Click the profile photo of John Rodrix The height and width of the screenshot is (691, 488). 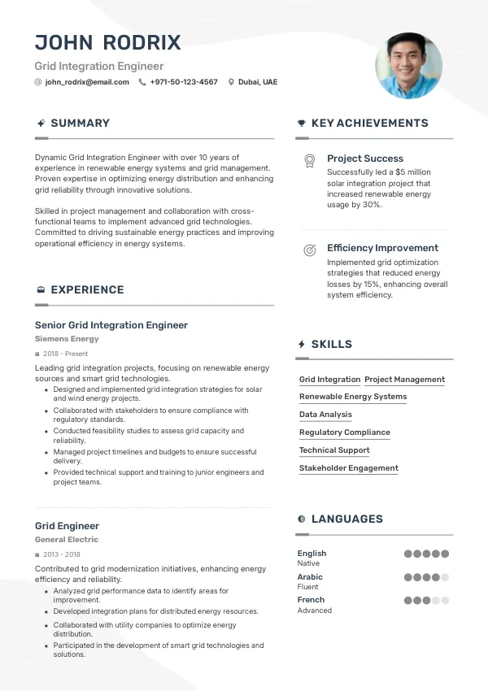(x=408, y=66)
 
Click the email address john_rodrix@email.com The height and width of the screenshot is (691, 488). (x=87, y=82)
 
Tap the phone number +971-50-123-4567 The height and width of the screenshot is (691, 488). (x=184, y=82)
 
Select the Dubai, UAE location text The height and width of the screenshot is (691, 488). (x=257, y=82)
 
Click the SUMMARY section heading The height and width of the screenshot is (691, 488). (x=80, y=123)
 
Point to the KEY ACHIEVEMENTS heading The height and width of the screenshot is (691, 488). (x=369, y=123)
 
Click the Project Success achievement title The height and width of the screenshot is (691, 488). (x=365, y=159)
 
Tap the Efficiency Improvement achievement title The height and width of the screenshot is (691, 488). (x=382, y=248)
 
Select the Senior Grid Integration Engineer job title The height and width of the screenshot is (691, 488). (x=111, y=325)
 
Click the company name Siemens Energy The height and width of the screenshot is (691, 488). (x=67, y=339)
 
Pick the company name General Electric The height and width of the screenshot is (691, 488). (x=67, y=540)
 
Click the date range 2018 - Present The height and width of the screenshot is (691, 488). (x=66, y=354)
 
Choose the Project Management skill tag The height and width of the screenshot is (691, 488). (x=404, y=380)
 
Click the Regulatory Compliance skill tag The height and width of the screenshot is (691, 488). (x=344, y=432)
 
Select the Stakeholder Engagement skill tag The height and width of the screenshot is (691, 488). (x=348, y=468)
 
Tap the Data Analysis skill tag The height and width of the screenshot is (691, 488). (x=325, y=415)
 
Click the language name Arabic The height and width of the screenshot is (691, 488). (x=310, y=577)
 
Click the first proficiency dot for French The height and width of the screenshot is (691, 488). (x=408, y=601)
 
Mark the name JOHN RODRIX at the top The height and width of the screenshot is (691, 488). (x=107, y=42)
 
